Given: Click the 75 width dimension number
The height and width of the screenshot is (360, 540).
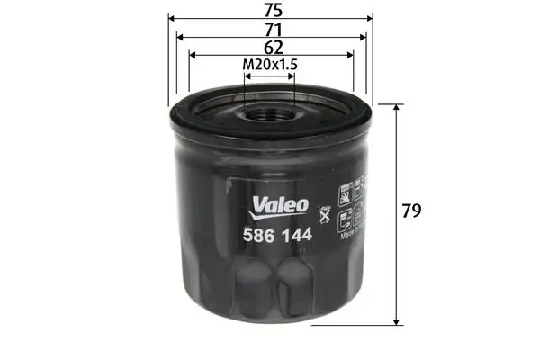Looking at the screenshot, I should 270,11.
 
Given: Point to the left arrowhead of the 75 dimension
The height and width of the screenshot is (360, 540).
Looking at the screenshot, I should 172,19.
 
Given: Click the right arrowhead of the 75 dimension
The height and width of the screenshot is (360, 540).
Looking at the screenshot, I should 367,19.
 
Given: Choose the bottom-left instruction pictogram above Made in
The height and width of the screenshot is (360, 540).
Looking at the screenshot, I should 345,219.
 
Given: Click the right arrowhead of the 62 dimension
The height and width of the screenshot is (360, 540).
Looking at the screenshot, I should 349,54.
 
